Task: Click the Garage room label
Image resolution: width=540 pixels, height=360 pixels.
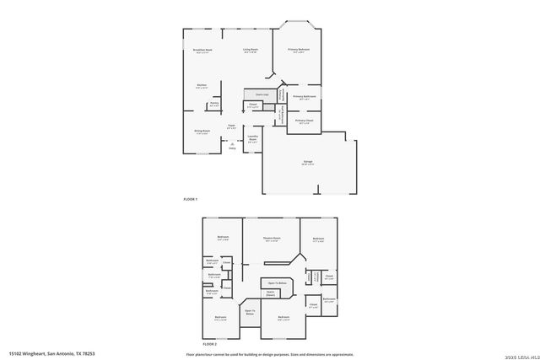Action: click(x=308, y=164)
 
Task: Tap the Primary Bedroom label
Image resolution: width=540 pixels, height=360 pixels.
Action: click(x=299, y=50)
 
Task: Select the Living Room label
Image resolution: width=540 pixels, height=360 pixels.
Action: click(x=251, y=50)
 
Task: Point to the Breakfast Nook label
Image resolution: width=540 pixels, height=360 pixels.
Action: click(x=202, y=50)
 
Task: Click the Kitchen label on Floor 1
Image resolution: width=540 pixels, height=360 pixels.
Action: click(x=202, y=86)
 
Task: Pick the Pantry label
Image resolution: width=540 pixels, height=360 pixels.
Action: click(x=214, y=104)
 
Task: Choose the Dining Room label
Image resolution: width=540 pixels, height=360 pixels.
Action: click(x=202, y=132)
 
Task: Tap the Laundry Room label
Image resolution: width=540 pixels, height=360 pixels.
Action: click(x=252, y=139)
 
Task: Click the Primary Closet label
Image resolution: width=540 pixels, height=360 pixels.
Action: click(x=304, y=121)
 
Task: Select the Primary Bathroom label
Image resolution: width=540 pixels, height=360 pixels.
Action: click(x=304, y=97)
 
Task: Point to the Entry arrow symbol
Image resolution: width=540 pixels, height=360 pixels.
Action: click(x=232, y=144)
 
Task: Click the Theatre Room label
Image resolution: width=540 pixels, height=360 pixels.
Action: click(x=271, y=239)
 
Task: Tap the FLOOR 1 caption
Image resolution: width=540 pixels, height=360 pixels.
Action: click(x=190, y=198)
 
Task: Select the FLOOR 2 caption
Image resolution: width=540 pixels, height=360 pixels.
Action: click(x=210, y=344)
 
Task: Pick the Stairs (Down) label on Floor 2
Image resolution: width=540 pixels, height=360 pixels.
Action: click(x=271, y=293)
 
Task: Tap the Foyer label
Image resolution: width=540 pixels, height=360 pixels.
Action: click(x=231, y=126)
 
